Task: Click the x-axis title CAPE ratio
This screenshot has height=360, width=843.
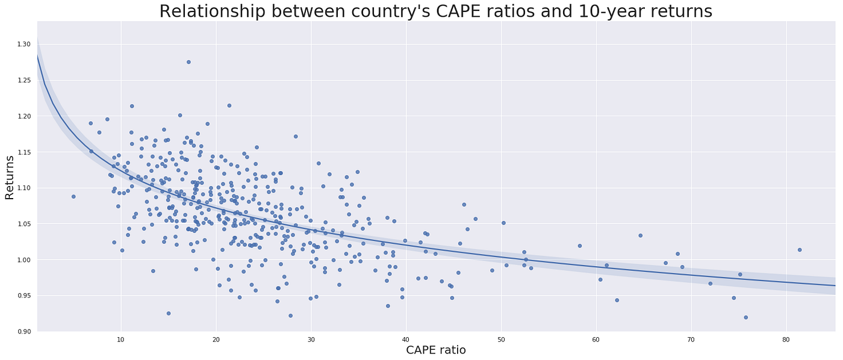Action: [x=436, y=350]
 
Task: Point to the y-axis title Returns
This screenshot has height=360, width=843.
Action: [x=10, y=177]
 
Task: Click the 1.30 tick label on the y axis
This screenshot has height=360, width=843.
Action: [x=23, y=44]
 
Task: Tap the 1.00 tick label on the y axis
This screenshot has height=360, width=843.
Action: [x=23, y=260]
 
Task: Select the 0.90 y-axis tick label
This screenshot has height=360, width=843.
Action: [x=23, y=332]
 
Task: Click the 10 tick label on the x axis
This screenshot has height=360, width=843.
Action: [x=121, y=339]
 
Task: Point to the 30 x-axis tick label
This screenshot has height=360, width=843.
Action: [x=311, y=339]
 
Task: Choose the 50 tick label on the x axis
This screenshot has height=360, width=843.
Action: [x=501, y=339]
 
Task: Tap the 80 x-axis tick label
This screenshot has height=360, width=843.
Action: [x=786, y=339]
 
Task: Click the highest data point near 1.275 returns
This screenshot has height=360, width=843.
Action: [x=188, y=61]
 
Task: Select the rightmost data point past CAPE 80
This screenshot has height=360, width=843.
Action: [x=800, y=250]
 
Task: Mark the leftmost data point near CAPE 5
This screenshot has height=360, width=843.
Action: [x=73, y=196]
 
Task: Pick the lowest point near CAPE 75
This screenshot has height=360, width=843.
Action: [x=745, y=317]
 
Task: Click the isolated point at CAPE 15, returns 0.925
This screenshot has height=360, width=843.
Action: [x=169, y=313]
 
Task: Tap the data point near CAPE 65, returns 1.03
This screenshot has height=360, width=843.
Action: [x=640, y=235]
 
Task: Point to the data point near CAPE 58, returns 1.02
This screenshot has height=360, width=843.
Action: [x=580, y=246]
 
